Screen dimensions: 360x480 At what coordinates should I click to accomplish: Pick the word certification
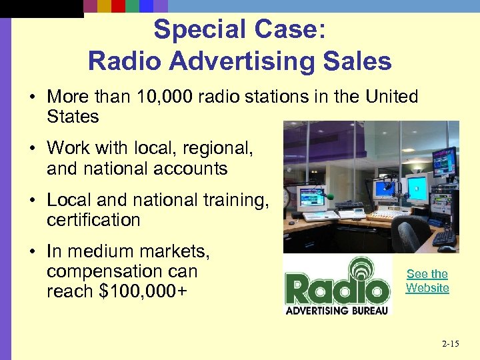tap(93, 220)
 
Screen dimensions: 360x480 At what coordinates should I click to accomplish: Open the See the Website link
tap(427, 281)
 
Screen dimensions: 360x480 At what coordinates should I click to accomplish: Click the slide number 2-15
tap(450, 343)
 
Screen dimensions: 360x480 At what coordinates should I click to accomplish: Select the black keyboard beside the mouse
tap(443, 237)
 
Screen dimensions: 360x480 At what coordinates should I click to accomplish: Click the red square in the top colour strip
tap(118, 7)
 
